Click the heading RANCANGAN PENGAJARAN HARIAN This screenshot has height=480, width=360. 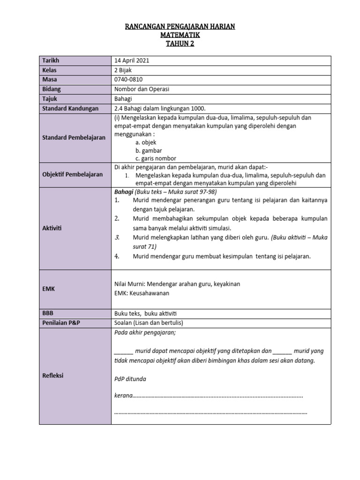click(x=180, y=27)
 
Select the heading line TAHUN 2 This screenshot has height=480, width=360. click(x=180, y=44)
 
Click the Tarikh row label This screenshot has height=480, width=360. click(x=51, y=61)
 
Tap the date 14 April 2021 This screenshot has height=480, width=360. click(x=133, y=61)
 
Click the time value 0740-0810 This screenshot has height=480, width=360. click(x=128, y=80)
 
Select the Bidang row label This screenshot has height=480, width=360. click(x=52, y=89)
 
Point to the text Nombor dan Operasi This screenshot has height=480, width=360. click(x=142, y=89)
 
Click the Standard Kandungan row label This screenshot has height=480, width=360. click(x=70, y=108)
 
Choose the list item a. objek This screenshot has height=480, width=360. click(x=146, y=142)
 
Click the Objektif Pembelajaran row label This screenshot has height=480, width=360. click(x=73, y=174)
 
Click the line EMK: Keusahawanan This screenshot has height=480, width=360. click(x=142, y=293)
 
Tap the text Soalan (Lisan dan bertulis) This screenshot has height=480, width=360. click(x=149, y=323)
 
